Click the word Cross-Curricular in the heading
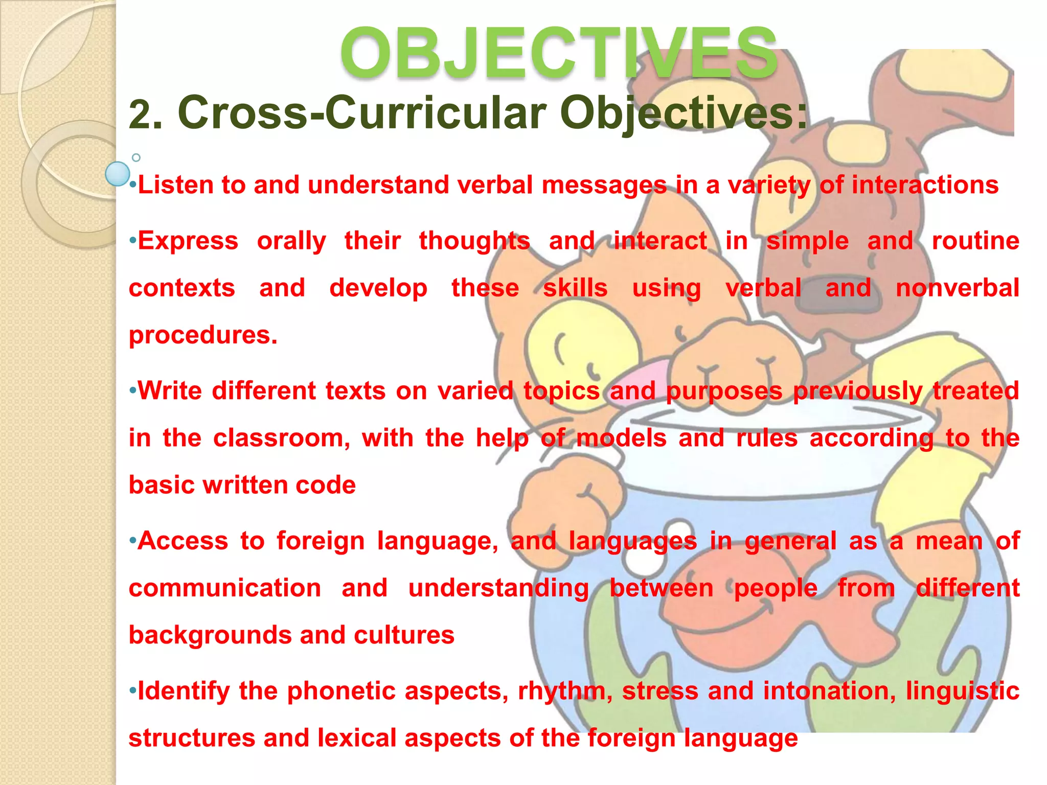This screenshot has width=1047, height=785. (362, 113)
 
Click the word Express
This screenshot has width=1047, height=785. (188, 241)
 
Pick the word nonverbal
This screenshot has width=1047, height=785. (957, 288)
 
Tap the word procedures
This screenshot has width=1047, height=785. (202, 336)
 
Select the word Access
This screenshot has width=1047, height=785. (183, 541)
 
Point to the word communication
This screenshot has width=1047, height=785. (225, 588)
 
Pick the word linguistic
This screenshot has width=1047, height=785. (962, 691)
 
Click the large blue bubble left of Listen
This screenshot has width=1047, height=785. (118, 174)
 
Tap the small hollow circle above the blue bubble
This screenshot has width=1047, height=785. (136, 157)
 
